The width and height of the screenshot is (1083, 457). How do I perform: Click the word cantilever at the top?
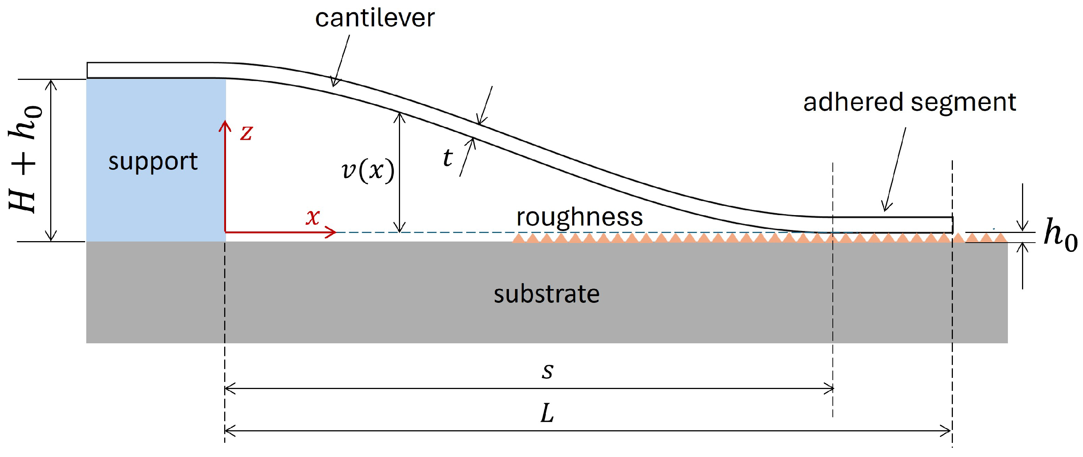375,19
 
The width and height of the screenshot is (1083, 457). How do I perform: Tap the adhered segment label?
909,103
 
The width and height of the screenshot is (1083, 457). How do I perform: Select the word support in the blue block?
153,161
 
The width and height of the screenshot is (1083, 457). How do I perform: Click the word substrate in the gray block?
546,294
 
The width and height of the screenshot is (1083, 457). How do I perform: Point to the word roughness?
579,217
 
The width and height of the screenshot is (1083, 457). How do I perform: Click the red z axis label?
246,133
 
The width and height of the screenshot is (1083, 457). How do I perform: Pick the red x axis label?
313,217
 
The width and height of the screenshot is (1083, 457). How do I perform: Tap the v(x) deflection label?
368,171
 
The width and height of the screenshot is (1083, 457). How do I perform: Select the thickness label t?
448,158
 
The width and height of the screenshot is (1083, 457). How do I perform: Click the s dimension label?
547,370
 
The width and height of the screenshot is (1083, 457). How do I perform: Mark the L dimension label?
547,414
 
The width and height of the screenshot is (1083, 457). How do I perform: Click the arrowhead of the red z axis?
225,123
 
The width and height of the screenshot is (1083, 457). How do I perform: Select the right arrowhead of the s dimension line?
831,389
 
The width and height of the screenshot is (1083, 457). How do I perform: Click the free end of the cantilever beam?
951,225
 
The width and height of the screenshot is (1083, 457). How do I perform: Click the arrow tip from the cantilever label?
333,86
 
